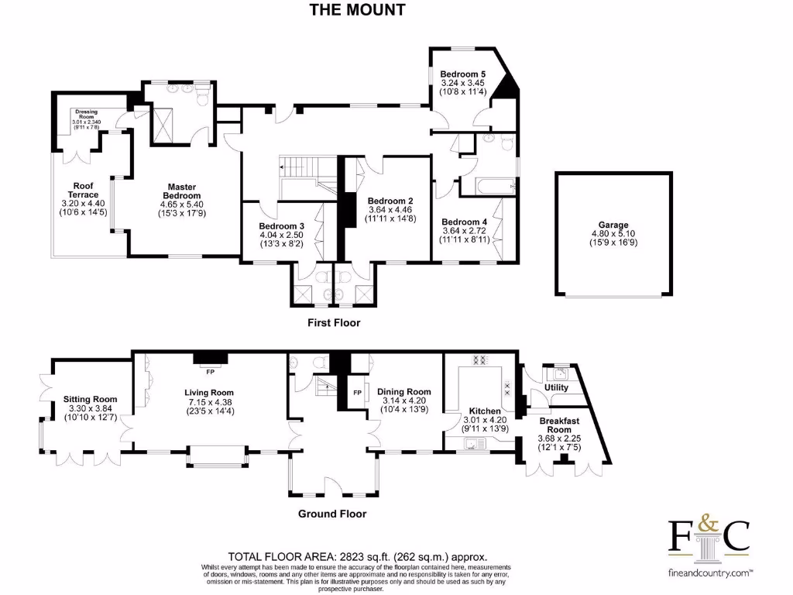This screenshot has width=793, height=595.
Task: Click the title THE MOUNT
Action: pyautogui.click(x=357, y=9)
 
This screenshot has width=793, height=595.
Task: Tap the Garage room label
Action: pyautogui.click(x=613, y=225)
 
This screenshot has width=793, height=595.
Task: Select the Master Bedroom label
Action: pyautogui.click(x=181, y=191)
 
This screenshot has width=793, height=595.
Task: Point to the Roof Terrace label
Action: pyautogui.click(x=83, y=191)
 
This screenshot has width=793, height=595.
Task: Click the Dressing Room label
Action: pyautogui.click(x=86, y=115)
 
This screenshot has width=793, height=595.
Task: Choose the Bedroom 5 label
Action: pyautogui.click(x=463, y=74)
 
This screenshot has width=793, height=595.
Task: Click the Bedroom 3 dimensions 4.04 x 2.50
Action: pyautogui.click(x=281, y=235)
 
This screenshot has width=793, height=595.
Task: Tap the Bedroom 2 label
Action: pyautogui.click(x=390, y=201)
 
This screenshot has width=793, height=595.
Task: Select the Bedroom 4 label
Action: pyautogui.click(x=464, y=222)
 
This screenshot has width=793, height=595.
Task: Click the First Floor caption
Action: pyautogui.click(x=334, y=323)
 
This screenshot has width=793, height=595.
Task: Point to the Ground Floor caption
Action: pyautogui.click(x=332, y=514)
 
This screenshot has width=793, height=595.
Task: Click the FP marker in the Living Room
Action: pyautogui.click(x=211, y=372)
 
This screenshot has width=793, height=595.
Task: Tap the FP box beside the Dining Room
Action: pyautogui.click(x=357, y=392)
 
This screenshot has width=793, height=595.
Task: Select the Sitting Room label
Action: pyautogui.click(x=90, y=399)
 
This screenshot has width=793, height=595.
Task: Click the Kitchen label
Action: pyautogui.click(x=485, y=411)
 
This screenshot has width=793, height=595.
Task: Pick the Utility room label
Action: pyautogui.click(x=556, y=387)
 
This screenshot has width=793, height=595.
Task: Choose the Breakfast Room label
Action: pyautogui.click(x=559, y=425)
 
